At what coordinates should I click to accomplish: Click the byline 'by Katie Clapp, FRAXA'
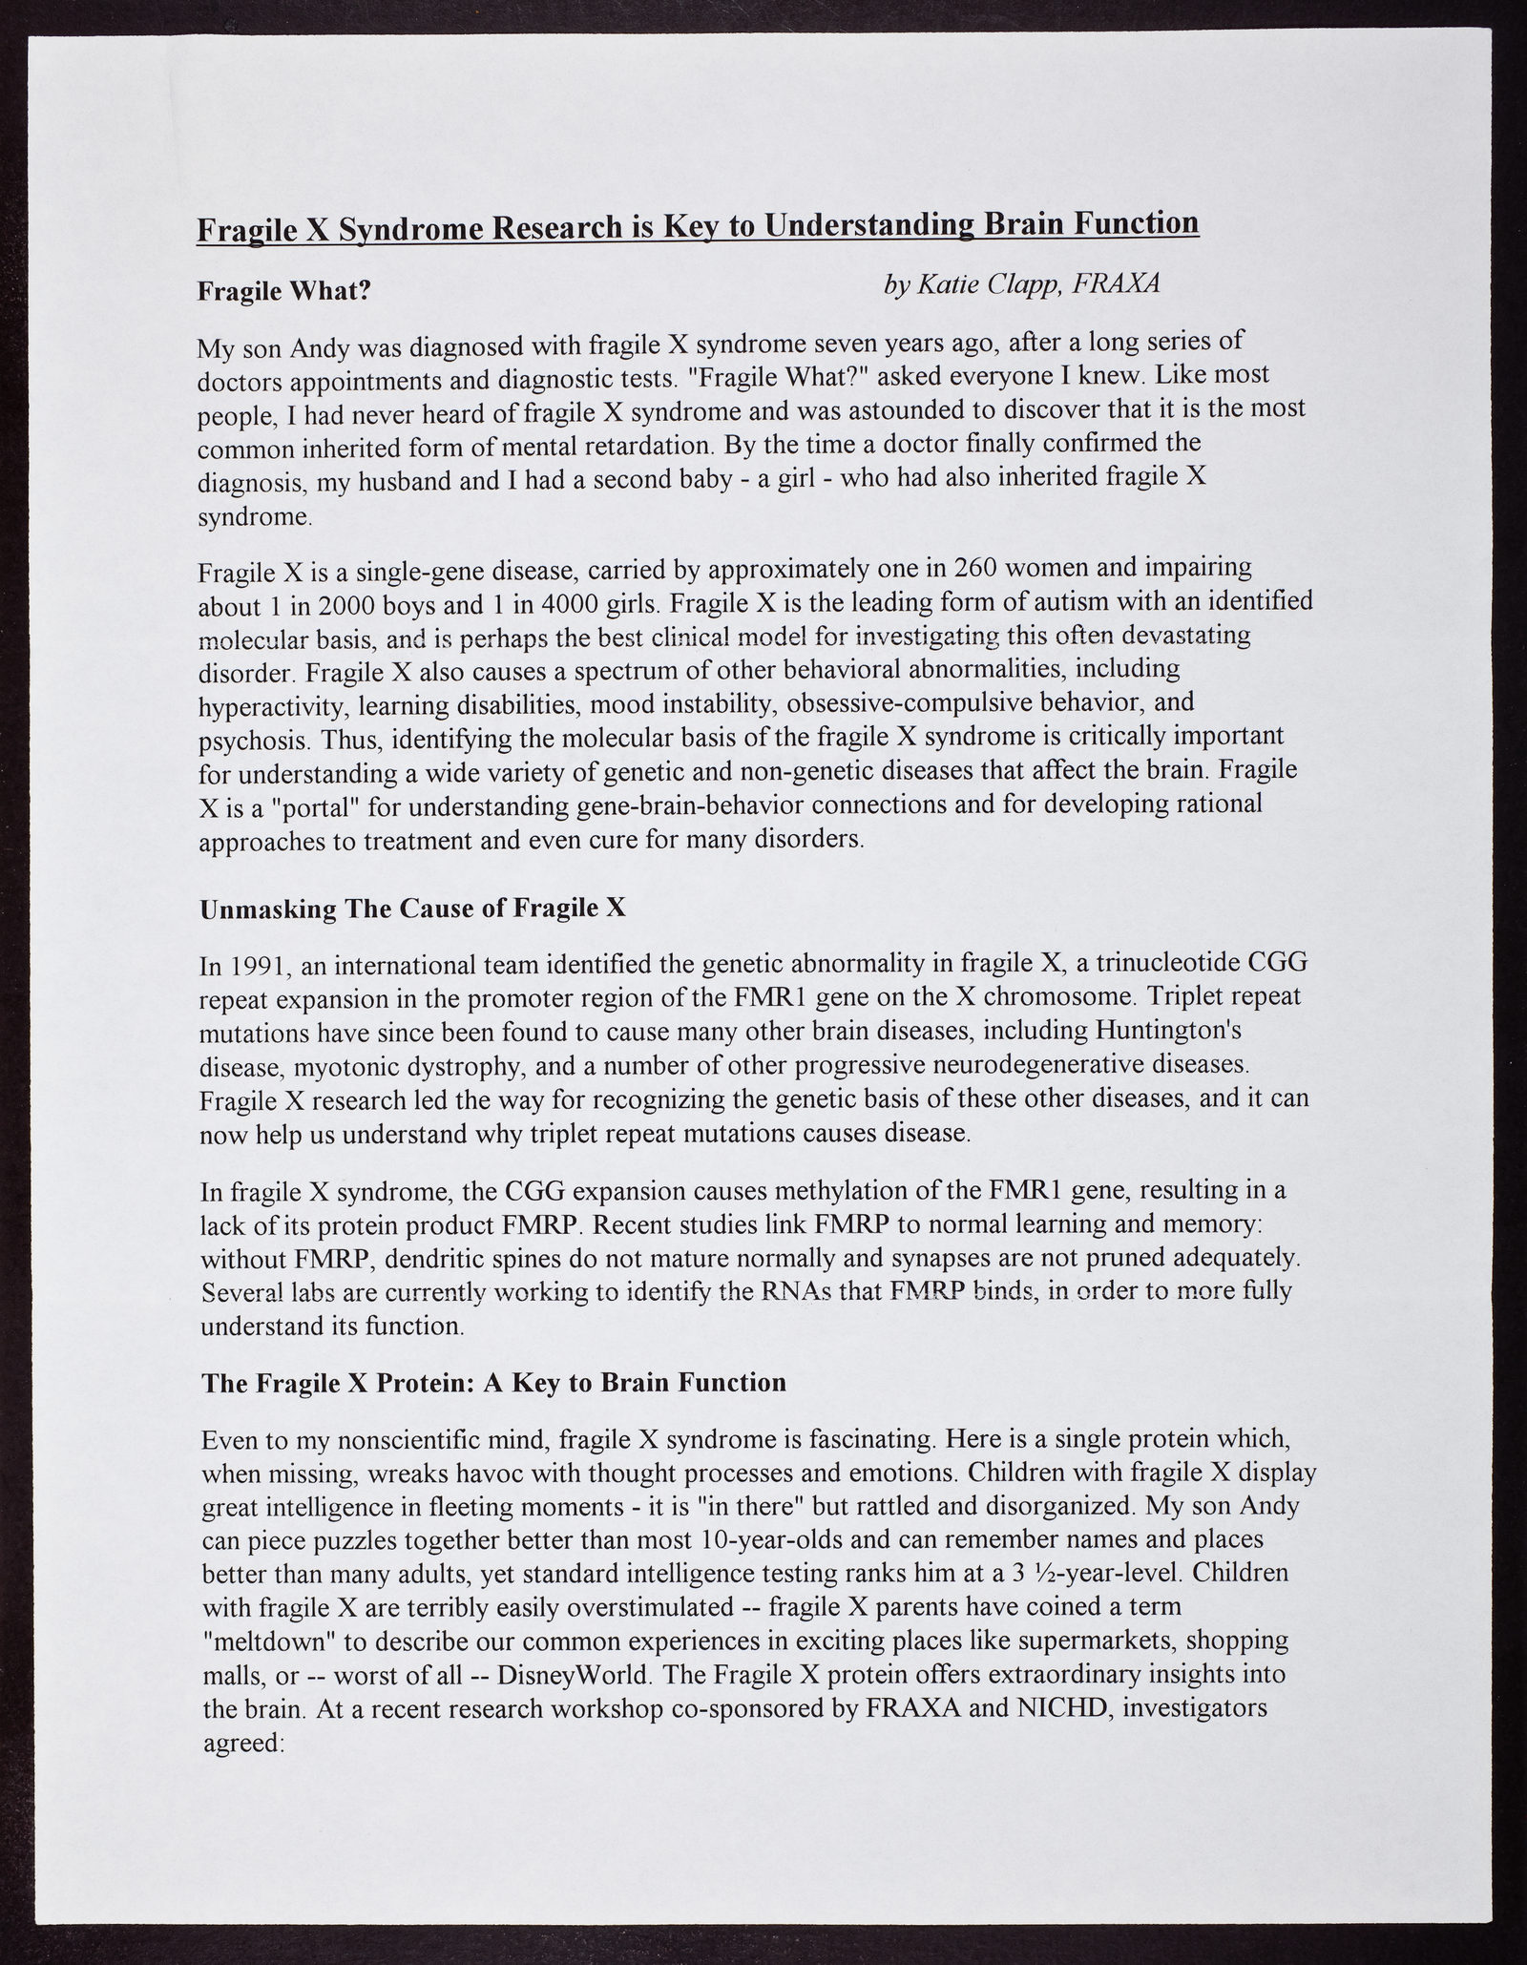click(1022, 283)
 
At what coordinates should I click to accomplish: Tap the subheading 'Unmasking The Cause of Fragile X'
click(412, 908)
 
